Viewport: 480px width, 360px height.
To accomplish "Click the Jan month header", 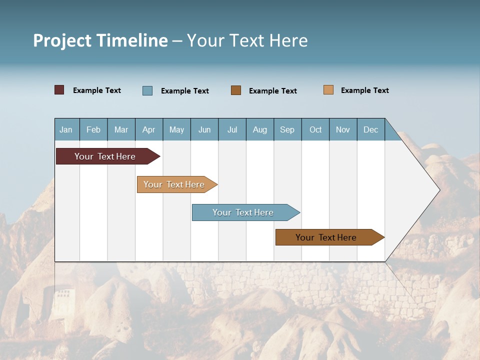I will pos(66,129).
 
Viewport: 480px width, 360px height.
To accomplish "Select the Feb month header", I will pos(93,129).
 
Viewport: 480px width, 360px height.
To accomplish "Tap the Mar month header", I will pos(121,129).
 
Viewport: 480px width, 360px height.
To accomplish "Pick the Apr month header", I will pos(149,129).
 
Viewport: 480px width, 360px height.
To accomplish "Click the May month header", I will pos(176,129).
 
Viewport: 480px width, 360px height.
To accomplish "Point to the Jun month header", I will pos(204,129).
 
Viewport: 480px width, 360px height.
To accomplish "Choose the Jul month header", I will pos(232,129).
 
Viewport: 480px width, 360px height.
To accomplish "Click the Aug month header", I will pos(260,129).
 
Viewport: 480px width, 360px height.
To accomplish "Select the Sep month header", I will pos(287,129).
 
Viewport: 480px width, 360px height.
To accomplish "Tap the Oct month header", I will pos(315,129).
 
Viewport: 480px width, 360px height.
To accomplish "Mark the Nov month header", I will pos(343,129).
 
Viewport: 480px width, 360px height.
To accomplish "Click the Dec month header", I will pos(371,129).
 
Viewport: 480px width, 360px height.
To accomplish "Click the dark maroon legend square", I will pos(59,90).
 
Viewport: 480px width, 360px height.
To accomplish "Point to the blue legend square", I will pos(147,90).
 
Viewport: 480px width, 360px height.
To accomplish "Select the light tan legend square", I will pos(328,90).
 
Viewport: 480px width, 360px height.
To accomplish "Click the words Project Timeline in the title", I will pos(100,40).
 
